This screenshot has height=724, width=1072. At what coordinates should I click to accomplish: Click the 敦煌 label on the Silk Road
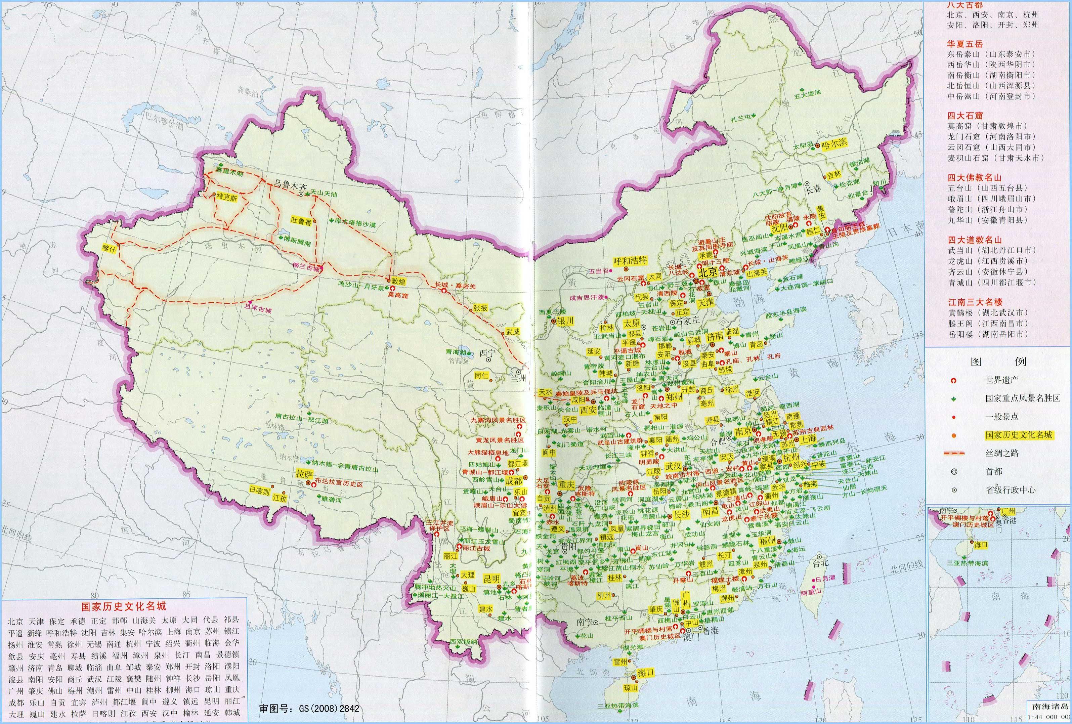(398, 280)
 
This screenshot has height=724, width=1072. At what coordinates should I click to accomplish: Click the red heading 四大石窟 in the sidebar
(964, 116)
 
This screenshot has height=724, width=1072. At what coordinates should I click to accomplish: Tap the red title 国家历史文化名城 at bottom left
(123, 606)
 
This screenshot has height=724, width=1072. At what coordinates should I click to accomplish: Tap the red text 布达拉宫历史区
(339, 484)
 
